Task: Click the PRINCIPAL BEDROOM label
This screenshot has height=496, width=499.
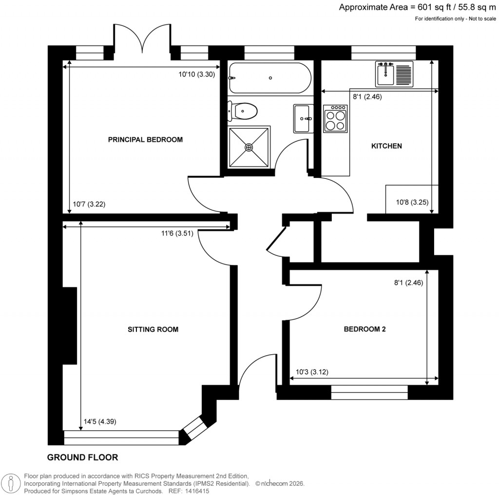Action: click(145, 140)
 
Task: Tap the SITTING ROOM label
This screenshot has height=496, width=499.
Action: click(153, 329)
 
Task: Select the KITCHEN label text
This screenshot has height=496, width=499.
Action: click(386, 146)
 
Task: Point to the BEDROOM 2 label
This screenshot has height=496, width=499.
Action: click(365, 329)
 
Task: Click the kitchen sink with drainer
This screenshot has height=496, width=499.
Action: click(394, 74)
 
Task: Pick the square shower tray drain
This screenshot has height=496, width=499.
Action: click(249, 147)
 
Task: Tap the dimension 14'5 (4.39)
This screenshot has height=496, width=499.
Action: click(99, 422)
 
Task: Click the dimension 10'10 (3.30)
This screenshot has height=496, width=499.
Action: click(197, 75)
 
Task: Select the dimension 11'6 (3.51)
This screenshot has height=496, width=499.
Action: click(177, 233)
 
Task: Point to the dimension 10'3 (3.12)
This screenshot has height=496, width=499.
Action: click(312, 372)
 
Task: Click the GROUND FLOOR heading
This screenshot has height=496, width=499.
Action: click(82, 458)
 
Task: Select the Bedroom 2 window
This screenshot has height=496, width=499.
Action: click(369, 392)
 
